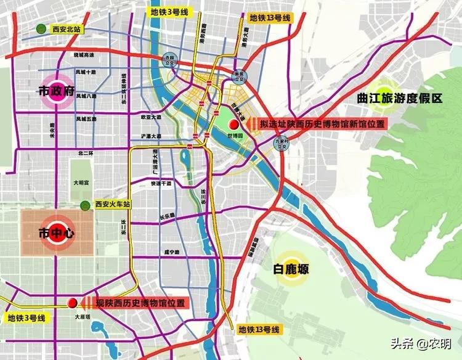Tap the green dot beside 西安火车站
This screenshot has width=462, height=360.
84,204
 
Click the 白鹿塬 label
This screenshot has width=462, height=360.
291,269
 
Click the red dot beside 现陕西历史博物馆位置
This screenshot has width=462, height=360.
73,303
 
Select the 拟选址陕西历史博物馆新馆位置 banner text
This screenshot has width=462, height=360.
322,124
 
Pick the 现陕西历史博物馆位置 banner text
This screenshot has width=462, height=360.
141,303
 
